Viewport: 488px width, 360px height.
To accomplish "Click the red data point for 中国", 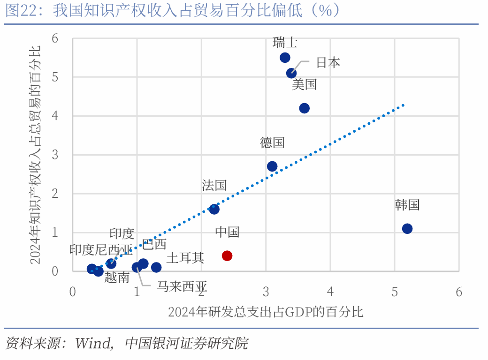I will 227,255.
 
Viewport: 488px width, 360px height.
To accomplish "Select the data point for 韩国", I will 407,229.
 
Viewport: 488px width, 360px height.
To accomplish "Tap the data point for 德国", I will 272,166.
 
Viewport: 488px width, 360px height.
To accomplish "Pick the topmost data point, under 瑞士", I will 285,58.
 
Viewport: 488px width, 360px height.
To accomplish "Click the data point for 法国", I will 214,209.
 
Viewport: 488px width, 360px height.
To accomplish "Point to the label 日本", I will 328,63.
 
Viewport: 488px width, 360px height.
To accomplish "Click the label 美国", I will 304,85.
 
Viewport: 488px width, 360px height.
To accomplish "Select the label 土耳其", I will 185,258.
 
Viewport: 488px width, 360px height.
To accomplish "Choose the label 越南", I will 117,278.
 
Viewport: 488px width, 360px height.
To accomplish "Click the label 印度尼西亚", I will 101,249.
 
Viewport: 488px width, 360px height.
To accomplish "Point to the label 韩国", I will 407,205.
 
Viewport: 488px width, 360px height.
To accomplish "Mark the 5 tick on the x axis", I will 394,292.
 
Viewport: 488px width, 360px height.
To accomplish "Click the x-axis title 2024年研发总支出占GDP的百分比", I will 266,312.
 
